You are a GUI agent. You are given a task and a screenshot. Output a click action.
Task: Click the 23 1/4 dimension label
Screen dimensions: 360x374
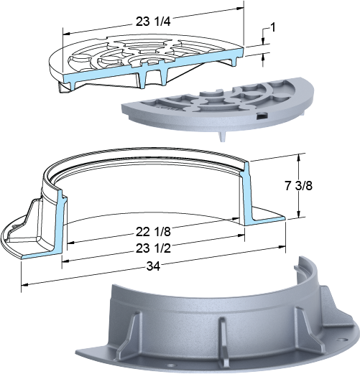(153, 22)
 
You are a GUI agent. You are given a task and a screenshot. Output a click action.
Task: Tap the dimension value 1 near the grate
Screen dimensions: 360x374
(272, 27)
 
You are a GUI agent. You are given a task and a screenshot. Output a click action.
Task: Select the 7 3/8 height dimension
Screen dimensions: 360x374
(298, 186)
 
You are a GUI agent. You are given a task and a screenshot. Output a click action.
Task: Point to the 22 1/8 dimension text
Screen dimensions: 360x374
(153, 232)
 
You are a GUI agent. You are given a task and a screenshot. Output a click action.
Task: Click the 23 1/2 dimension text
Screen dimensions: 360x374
(153, 248)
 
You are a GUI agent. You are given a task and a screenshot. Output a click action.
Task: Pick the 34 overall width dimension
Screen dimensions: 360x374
(153, 266)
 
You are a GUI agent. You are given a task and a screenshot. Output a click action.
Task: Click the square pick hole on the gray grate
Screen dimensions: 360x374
(262, 116)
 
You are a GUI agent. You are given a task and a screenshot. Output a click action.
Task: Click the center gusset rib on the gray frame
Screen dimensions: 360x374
(223, 338)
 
